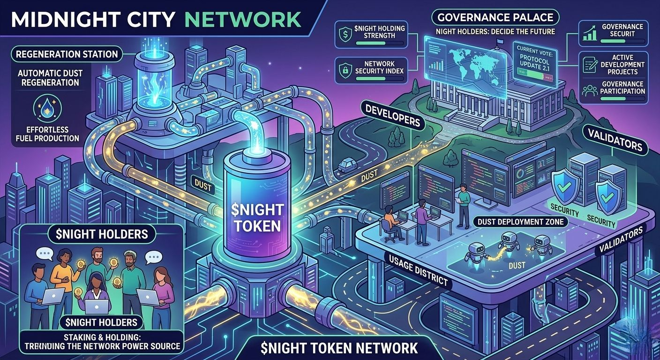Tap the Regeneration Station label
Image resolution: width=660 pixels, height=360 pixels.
67,54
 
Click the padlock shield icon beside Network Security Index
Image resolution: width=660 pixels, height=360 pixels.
344,69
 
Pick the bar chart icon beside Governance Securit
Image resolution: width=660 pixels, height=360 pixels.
589,32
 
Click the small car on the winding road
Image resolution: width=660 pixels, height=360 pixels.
346,164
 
